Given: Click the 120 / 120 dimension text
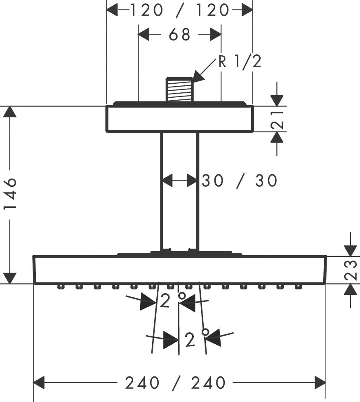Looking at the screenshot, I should click(x=179, y=10).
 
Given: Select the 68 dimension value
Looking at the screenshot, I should click(x=179, y=35).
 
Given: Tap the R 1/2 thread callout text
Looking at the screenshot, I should click(x=240, y=62).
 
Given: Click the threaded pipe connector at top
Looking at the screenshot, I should click(x=179, y=89).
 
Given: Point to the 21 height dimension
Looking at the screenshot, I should click(x=280, y=119).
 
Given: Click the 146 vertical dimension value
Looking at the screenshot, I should click(x=10, y=194).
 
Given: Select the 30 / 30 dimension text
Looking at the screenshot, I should click(x=239, y=181).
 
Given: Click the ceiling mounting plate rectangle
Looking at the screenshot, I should click(x=179, y=119).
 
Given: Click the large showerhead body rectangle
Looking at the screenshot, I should click(x=179, y=270).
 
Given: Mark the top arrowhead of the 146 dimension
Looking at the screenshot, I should click(x=10, y=112).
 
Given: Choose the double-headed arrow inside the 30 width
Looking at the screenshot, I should click(x=179, y=180).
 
